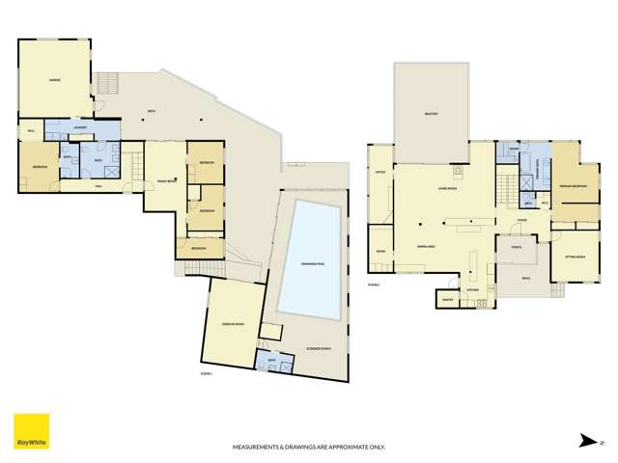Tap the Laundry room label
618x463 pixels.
tap(81, 128)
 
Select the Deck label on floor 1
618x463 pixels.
tap(152, 111)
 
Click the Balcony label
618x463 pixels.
tap(431, 114)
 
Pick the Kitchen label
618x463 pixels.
tap(473, 288)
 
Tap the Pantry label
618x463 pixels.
tap(447, 300)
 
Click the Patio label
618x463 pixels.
tap(525, 278)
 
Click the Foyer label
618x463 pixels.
tap(520, 221)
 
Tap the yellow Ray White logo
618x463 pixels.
tap(30, 431)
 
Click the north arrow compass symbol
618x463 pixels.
tap(585, 439)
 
